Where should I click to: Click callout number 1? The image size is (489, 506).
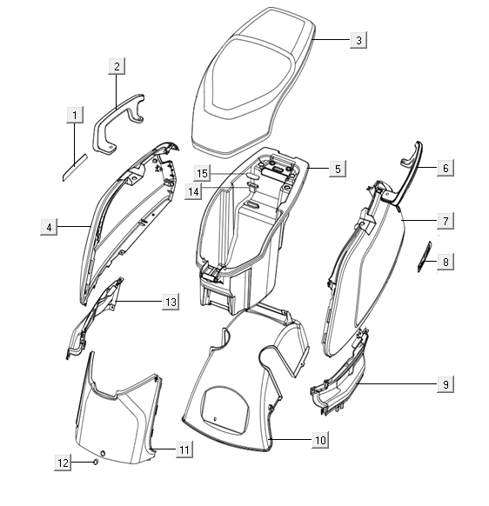pyautogui.click(x=75, y=115)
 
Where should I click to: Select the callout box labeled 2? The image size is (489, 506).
pyautogui.click(x=117, y=66)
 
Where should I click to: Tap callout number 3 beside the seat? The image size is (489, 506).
pyautogui.click(x=358, y=40)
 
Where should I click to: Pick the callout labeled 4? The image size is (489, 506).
pyautogui.click(x=49, y=227)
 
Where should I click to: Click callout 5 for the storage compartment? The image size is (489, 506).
pyautogui.click(x=338, y=169)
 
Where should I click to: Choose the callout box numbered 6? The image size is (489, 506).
pyautogui.click(x=445, y=168)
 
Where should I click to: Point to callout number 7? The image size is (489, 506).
pyautogui.click(x=445, y=221)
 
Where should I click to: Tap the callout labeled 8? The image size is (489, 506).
pyautogui.click(x=445, y=262)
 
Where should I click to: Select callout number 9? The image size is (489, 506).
pyautogui.click(x=445, y=384)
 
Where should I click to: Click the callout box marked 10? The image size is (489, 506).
pyautogui.click(x=320, y=440)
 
